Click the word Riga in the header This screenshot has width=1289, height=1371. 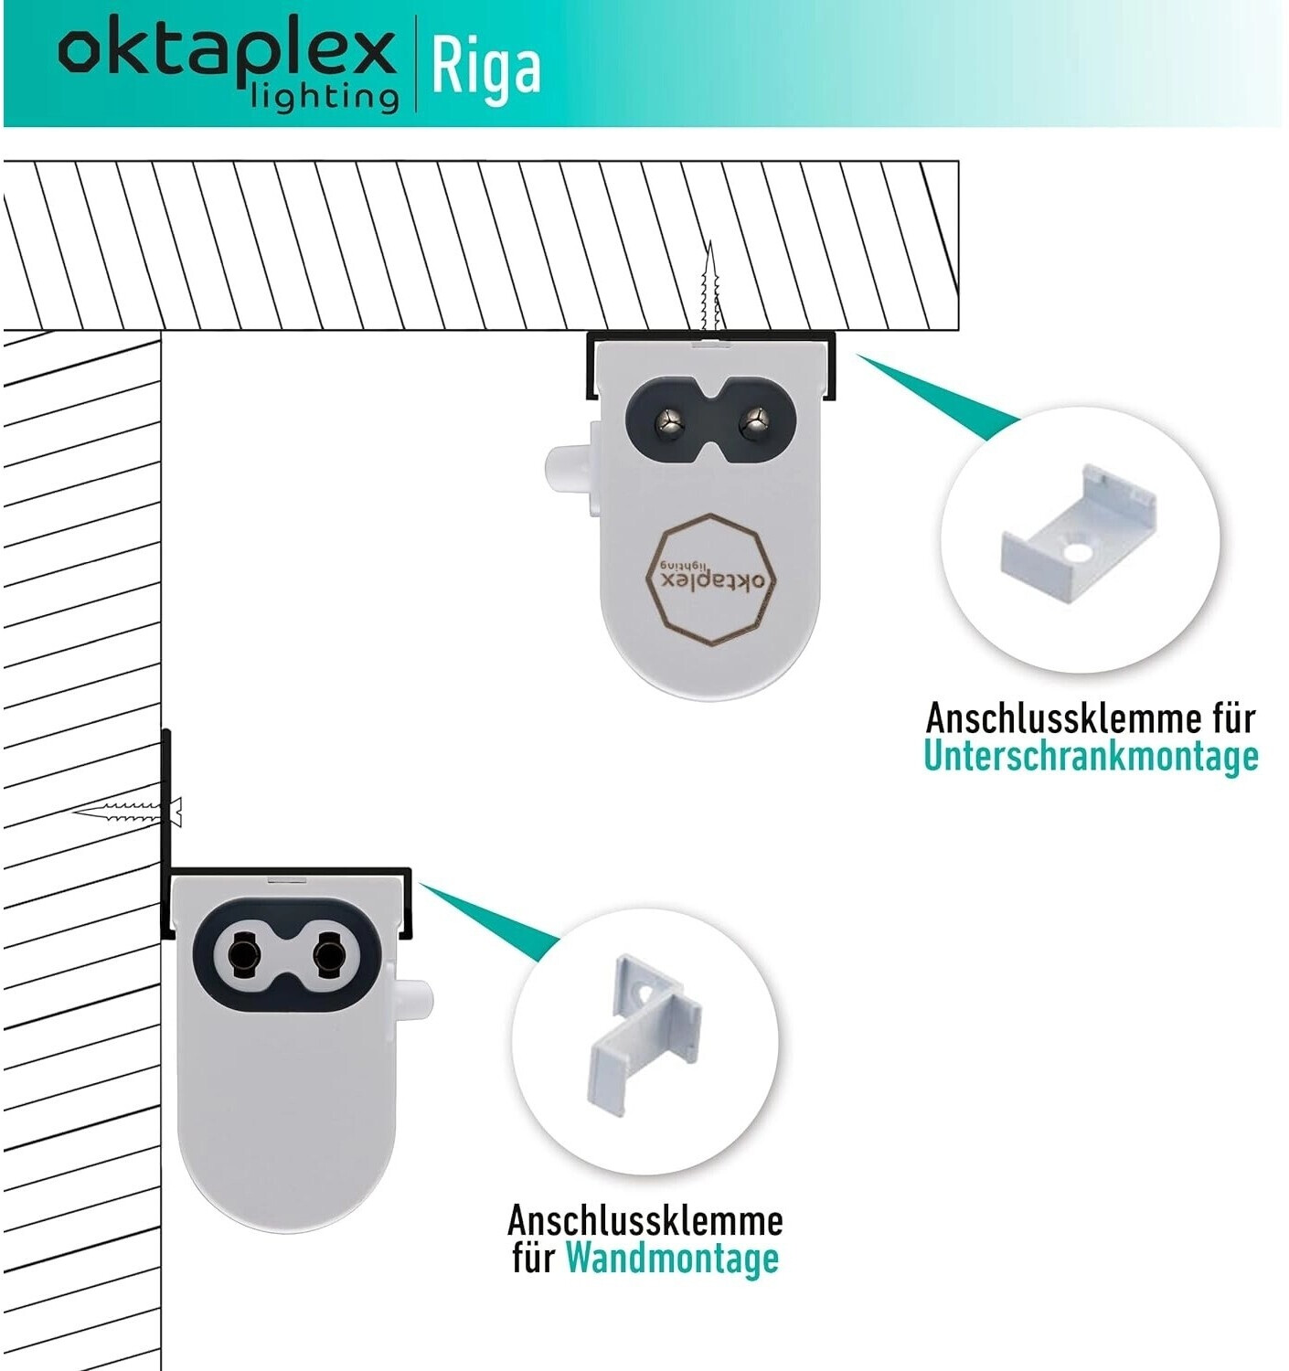(x=485, y=68)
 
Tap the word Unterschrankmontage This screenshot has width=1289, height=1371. (x=1091, y=757)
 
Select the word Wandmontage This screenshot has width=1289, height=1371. (x=672, y=1258)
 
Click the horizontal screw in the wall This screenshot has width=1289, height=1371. (x=128, y=811)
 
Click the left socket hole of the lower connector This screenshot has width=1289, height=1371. (x=243, y=955)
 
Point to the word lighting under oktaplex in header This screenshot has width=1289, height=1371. (x=325, y=97)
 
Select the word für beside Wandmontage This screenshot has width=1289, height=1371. (x=533, y=1258)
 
